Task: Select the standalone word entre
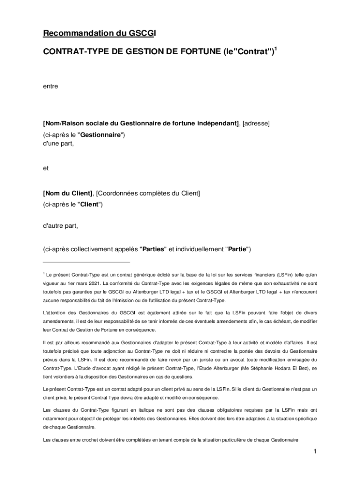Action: pyautogui.click(x=50, y=86)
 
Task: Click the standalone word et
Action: pyautogui.click(x=46, y=167)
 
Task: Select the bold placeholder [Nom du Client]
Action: pyautogui.click(x=68, y=193)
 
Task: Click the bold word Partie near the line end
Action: pyautogui.click(x=238, y=249)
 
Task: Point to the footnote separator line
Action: pyautogui.click(x=86, y=262)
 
